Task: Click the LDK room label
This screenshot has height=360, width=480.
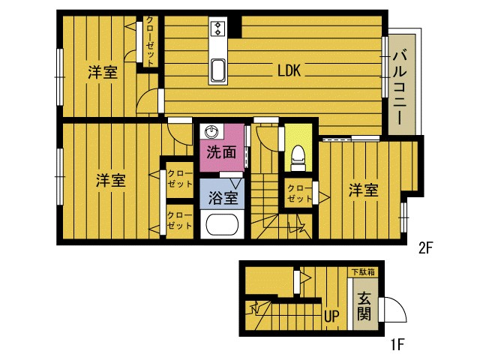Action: [289, 70]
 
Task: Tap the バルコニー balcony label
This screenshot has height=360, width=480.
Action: [400, 88]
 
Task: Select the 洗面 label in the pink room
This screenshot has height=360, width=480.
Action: [221, 151]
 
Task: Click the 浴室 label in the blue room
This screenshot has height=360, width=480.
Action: [223, 197]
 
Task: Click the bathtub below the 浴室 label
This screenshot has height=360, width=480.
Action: [222, 224]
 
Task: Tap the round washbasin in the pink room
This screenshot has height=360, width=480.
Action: [211, 132]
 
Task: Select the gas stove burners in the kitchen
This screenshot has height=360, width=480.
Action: [218, 28]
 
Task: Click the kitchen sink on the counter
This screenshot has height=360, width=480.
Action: [218, 70]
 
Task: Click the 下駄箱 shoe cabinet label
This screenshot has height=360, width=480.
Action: [363, 271]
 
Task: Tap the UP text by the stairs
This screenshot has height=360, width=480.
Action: [331, 316]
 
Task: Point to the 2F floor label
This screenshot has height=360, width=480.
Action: [425, 248]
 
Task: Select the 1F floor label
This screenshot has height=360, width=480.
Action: [397, 345]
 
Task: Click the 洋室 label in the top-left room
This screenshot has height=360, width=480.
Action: [103, 72]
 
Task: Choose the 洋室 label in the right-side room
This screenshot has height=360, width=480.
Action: [363, 190]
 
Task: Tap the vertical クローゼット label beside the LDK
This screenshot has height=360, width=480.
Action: [150, 41]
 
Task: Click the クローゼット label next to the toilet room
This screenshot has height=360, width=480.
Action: [299, 193]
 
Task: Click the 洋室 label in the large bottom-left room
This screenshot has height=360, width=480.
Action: [110, 180]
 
